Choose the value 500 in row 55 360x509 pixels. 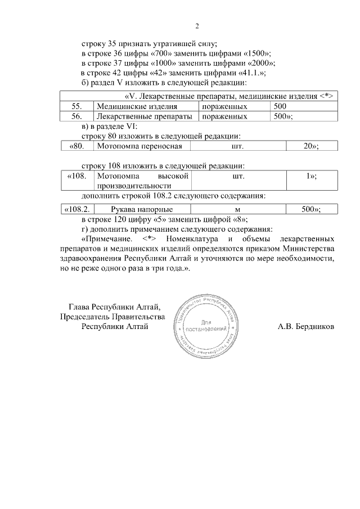tap(280, 106)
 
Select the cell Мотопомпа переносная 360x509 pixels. tap(139, 146)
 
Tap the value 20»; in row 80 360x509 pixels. tap(311, 146)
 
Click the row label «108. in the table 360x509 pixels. tap(75, 176)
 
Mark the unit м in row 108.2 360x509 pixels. tap(237, 209)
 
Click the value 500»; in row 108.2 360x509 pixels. tap(311, 209)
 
